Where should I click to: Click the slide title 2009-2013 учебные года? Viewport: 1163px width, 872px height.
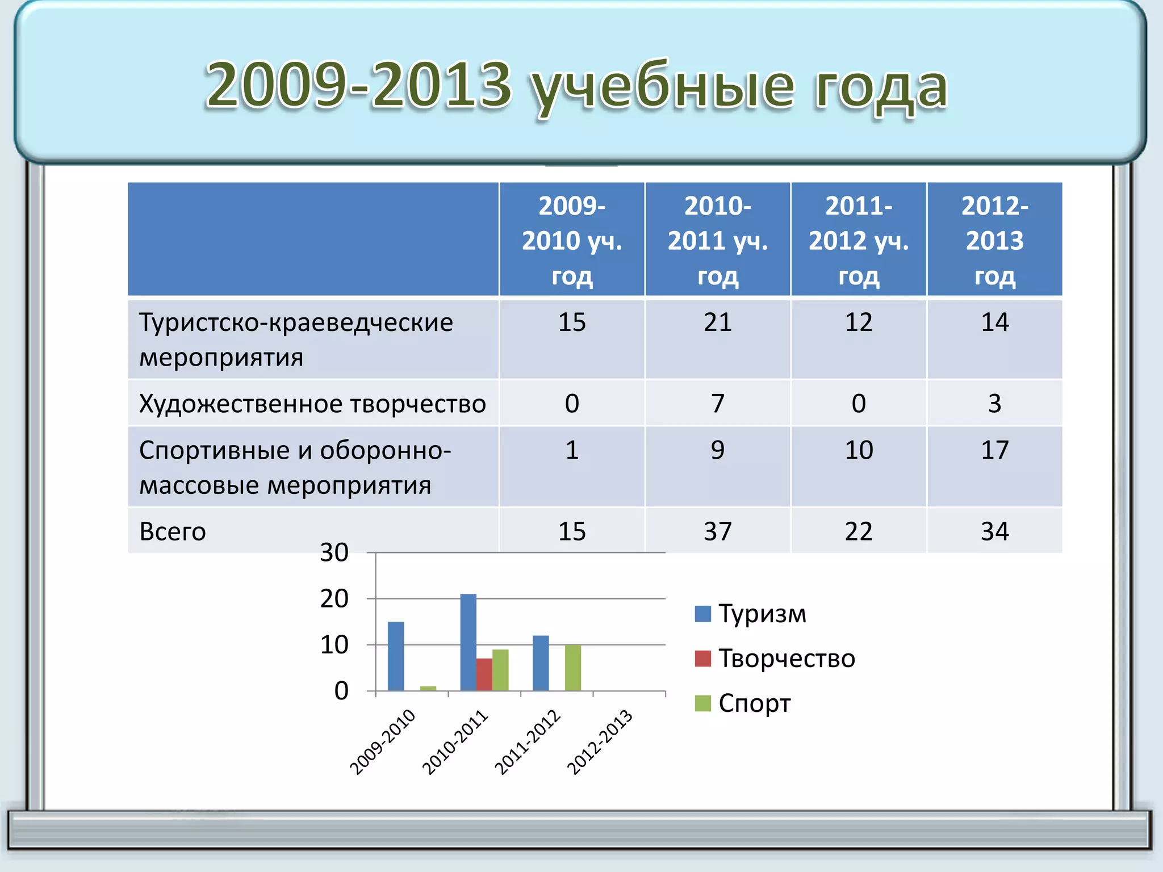coord(576,86)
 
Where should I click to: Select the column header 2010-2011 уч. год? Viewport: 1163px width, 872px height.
coord(717,240)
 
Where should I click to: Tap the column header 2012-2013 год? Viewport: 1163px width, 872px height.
coord(994,240)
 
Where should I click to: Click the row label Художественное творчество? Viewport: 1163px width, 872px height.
coord(312,404)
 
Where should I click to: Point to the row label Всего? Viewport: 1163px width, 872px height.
coord(173,531)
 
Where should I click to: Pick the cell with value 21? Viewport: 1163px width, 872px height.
coord(717,322)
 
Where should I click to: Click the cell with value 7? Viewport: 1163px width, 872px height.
coord(717,404)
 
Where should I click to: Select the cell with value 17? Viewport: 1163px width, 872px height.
coord(994,450)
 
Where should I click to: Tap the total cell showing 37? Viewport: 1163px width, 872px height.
coord(717,531)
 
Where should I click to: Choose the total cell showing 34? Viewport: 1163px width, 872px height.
coord(994,531)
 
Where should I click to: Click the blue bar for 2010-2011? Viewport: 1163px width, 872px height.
coord(468,642)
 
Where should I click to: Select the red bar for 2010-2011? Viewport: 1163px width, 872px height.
coord(484,674)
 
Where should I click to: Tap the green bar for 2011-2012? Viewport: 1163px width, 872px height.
coord(572,668)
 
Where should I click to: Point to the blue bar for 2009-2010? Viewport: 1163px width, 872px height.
coord(396,656)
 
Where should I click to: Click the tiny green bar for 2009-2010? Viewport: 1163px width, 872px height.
coord(428,689)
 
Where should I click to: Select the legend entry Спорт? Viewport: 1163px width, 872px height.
coord(754,703)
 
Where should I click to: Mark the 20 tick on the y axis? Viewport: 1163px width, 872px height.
coord(334,599)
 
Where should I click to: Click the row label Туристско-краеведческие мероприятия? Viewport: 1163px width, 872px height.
coord(295,339)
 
